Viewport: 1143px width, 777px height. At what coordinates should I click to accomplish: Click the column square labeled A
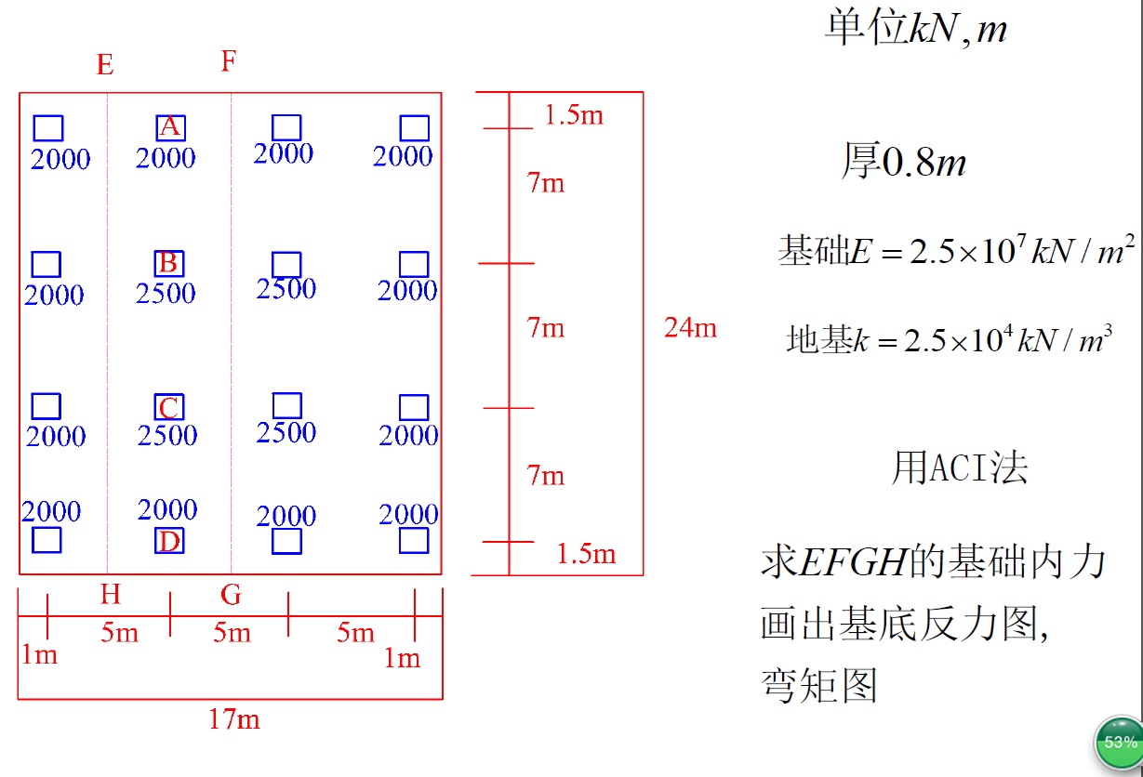pyautogui.click(x=170, y=127)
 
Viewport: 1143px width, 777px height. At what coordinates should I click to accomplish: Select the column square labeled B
pyautogui.click(x=168, y=263)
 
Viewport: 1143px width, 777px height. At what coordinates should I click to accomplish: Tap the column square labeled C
pyautogui.click(x=168, y=407)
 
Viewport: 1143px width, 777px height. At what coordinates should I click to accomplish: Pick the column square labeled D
pyautogui.click(x=169, y=540)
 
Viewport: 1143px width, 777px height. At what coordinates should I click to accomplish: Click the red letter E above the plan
pyautogui.click(x=105, y=65)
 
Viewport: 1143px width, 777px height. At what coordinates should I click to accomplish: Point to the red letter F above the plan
pyautogui.click(x=229, y=61)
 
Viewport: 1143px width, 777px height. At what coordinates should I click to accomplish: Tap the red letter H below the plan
pyautogui.click(x=110, y=594)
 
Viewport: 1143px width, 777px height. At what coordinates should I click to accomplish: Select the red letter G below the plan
pyautogui.click(x=231, y=594)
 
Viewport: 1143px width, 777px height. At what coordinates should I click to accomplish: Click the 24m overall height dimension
pyautogui.click(x=690, y=327)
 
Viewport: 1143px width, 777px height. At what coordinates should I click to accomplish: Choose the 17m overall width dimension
pyautogui.click(x=233, y=718)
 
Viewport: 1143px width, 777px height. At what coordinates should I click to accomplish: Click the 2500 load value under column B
pyautogui.click(x=166, y=294)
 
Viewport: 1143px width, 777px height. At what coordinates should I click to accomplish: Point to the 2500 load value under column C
pyautogui.click(x=167, y=435)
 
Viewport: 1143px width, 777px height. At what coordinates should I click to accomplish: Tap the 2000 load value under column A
pyautogui.click(x=166, y=158)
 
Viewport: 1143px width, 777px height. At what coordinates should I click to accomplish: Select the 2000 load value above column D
pyautogui.click(x=167, y=509)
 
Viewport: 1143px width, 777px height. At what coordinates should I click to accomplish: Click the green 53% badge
pyautogui.click(x=1119, y=742)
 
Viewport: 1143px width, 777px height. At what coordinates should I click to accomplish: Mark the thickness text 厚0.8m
pyautogui.click(x=904, y=163)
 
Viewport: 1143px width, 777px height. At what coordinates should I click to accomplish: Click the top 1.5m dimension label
pyautogui.click(x=574, y=115)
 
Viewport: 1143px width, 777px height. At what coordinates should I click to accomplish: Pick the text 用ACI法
pyautogui.click(x=959, y=468)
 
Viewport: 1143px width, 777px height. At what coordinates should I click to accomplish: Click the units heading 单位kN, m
pyautogui.click(x=915, y=30)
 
